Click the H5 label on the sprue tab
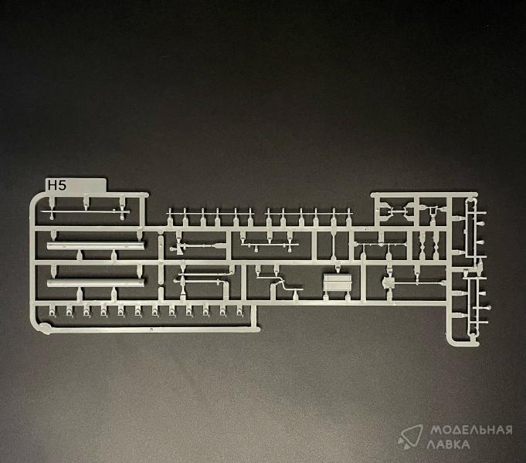(57, 185)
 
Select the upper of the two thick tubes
(96, 245)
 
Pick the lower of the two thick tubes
(96, 282)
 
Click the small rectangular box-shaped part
(337, 282)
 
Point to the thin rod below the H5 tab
(86, 211)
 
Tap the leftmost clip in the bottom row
(52, 311)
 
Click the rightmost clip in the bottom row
(239, 311)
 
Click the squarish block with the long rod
(389, 282)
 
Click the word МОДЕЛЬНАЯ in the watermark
(471, 430)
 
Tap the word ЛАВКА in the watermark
(448, 444)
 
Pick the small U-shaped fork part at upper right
(433, 211)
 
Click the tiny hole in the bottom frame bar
(151, 330)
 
